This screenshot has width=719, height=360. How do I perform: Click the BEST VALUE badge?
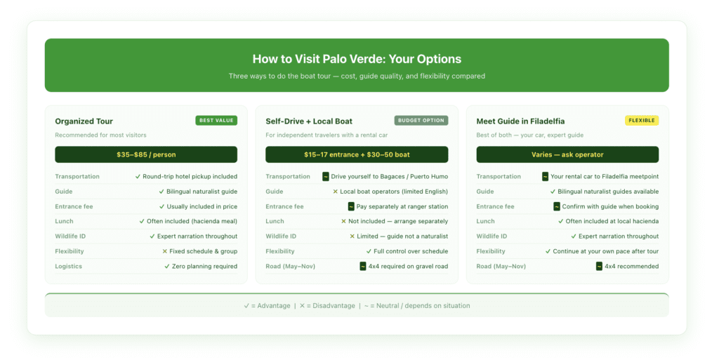216,121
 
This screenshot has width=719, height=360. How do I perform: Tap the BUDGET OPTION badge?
421,121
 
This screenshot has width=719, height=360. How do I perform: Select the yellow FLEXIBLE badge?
642,121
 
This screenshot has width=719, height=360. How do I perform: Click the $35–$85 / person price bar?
146,154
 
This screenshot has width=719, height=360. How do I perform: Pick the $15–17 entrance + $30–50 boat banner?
357,154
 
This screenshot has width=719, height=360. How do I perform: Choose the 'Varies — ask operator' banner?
567,154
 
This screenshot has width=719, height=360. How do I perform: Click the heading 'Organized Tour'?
84,121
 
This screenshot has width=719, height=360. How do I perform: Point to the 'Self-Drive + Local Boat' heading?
309,121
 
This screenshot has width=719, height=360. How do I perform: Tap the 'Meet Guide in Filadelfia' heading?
520,121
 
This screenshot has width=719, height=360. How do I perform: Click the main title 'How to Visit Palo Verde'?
357,59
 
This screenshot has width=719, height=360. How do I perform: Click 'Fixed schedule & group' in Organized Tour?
203,251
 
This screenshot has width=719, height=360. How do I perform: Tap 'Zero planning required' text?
204,267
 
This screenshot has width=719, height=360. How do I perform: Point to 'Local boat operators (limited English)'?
394,192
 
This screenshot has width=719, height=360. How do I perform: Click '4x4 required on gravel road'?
408,267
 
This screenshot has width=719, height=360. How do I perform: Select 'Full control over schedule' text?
411,251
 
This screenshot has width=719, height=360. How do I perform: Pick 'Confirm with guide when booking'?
610,207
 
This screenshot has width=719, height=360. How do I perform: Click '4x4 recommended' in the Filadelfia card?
631,267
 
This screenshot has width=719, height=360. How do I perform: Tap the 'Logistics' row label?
69,267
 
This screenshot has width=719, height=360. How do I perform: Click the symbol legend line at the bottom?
357,306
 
